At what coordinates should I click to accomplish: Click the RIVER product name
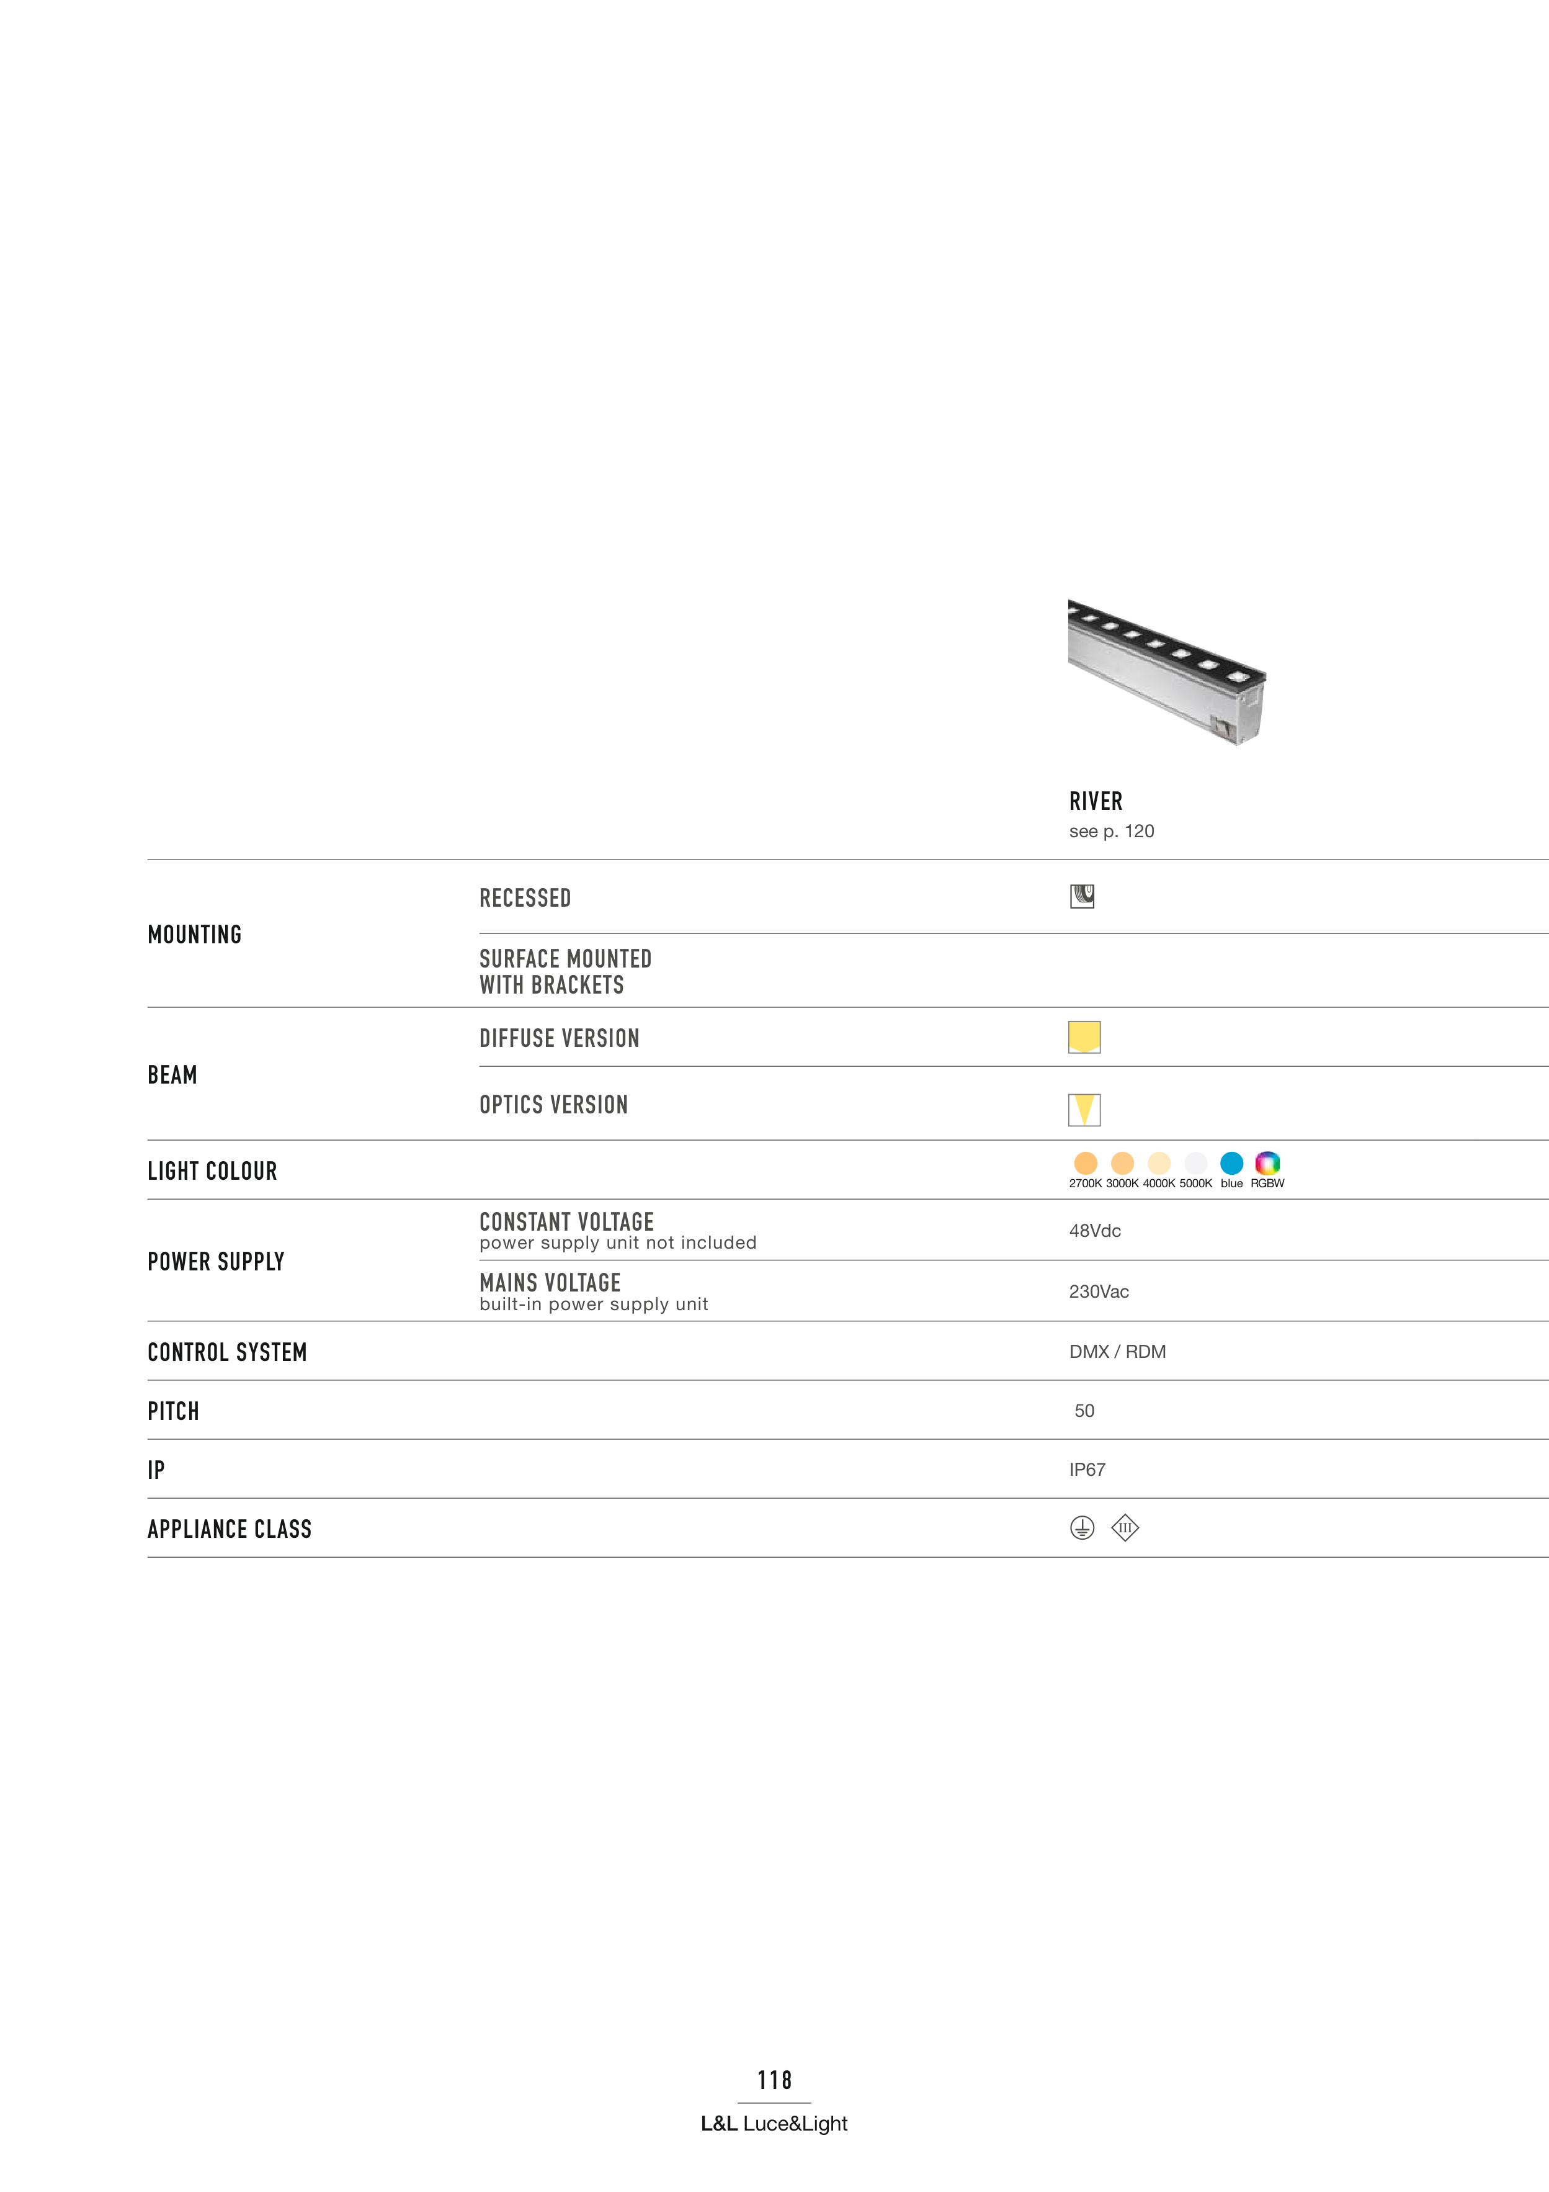tap(1095, 801)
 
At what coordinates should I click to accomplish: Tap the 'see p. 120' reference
tap(1111, 830)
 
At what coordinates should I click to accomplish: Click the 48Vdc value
tap(1095, 1231)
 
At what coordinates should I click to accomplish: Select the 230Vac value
tap(1099, 1291)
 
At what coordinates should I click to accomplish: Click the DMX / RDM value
tap(1117, 1351)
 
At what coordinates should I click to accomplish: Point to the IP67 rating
tap(1087, 1469)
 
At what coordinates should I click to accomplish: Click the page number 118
tap(774, 2080)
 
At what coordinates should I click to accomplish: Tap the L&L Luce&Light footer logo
tap(774, 2123)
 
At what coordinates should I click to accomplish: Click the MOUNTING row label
tap(195, 935)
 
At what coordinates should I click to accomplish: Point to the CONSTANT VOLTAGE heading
tap(566, 1222)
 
